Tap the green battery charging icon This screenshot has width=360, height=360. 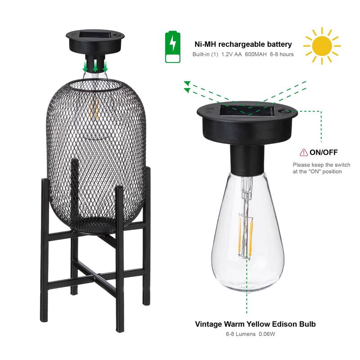tap(172, 47)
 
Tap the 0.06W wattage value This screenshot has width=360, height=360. tap(266, 334)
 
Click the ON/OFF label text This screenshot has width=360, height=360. tap(323, 152)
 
